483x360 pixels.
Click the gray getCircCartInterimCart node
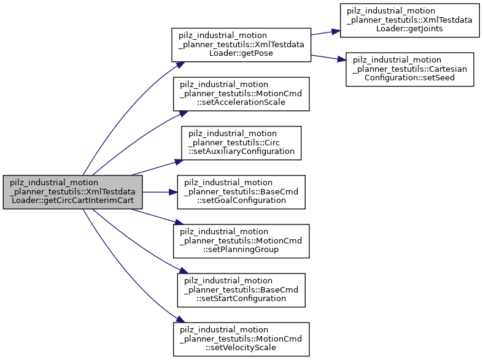[73, 191]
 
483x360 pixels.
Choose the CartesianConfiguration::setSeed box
[409, 69]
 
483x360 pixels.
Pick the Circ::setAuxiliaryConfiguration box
[241, 142]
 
